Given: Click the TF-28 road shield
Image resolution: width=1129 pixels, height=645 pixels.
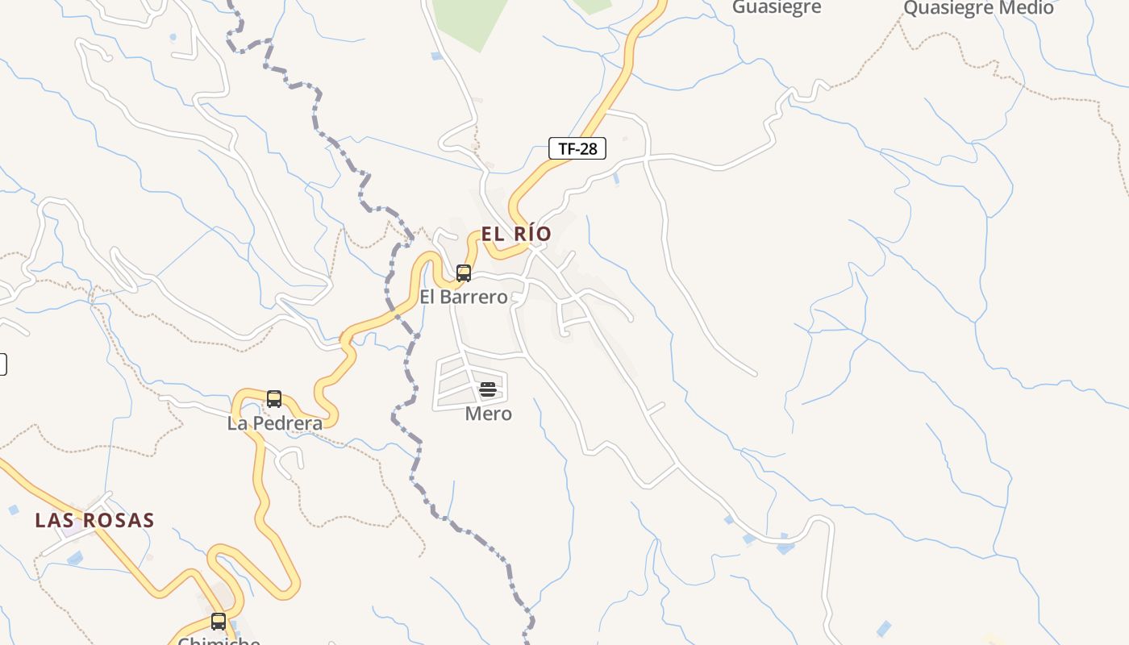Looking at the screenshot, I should (577, 148).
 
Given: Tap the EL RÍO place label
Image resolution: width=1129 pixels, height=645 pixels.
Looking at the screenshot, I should (516, 234).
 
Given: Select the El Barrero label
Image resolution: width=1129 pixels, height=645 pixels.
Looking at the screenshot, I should (464, 297).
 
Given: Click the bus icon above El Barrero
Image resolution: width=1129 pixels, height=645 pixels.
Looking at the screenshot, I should (464, 273).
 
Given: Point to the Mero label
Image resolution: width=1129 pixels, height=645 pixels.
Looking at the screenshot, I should (489, 414).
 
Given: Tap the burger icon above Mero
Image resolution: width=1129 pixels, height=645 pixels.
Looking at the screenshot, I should (488, 390).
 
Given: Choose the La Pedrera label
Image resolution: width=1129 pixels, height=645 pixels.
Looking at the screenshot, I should (275, 423).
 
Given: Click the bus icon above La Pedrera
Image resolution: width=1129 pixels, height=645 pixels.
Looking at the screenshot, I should (274, 399).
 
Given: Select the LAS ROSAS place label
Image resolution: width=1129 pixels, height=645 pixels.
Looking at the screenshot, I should (94, 520).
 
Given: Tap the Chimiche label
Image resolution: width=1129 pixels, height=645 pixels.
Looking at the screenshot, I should (219, 641).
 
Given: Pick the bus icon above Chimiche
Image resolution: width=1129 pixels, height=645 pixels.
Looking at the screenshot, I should (219, 622).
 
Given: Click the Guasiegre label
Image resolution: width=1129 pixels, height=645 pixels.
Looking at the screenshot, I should (777, 7).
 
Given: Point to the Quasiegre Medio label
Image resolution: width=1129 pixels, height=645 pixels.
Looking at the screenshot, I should (978, 8).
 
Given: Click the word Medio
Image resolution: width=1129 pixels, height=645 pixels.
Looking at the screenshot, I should (1026, 8).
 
